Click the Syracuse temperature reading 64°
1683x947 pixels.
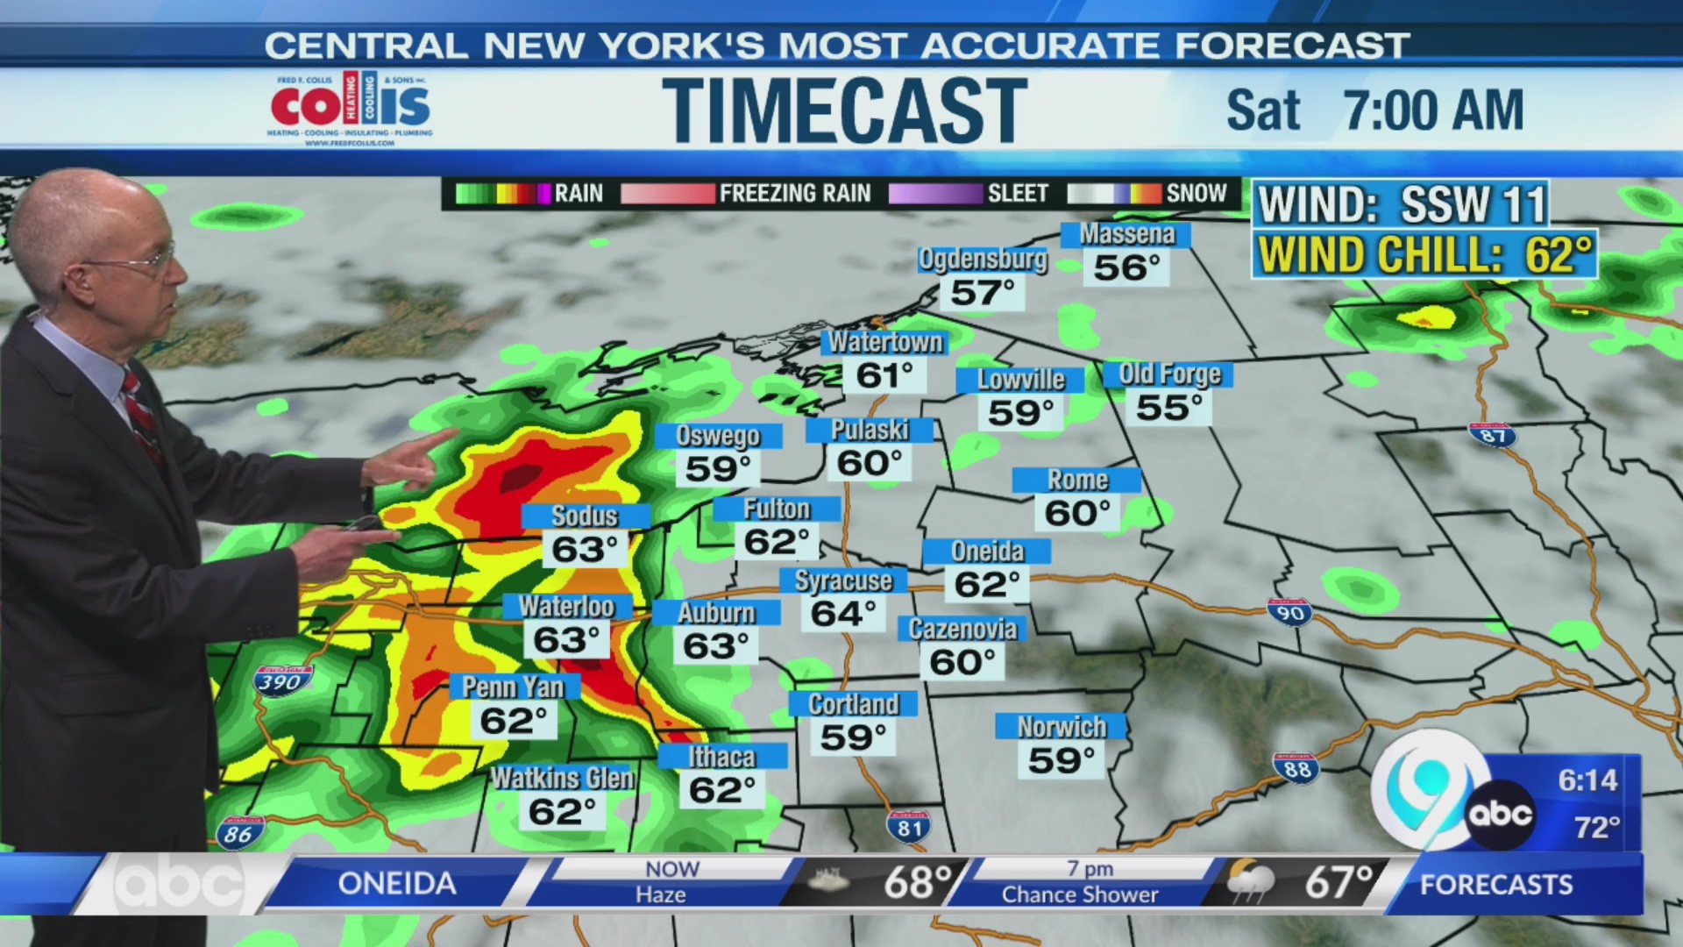tap(842, 613)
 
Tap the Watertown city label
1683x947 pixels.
tap(885, 342)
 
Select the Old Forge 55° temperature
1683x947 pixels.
tap(1168, 408)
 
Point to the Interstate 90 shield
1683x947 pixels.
tap(1289, 611)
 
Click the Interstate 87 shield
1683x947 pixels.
tap(1492, 435)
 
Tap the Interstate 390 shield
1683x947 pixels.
tap(281, 681)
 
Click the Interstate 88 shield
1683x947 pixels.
tap(1296, 768)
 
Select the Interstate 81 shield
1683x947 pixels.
tap(909, 826)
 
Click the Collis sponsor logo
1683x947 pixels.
tap(351, 108)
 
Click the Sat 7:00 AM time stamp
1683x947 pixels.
tap(1374, 110)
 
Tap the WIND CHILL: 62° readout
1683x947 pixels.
tap(1424, 255)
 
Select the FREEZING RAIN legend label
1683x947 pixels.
tap(794, 193)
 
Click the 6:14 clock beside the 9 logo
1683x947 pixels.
tap(1587, 780)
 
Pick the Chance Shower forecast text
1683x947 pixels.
tap(1079, 894)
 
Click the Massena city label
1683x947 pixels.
tap(1126, 234)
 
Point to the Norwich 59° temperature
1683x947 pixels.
tap(1061, 760)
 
